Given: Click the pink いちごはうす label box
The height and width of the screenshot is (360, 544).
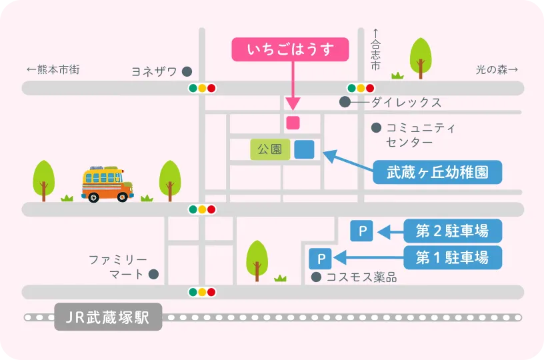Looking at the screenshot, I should [290, 50].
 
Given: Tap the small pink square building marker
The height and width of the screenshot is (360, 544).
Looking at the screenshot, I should [293, 123].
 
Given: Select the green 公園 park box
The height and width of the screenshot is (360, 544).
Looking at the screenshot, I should [270, 149].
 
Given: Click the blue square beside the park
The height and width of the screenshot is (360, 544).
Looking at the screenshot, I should [304, 149].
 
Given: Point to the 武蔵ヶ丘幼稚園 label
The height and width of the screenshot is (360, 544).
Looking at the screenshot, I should [437, 173].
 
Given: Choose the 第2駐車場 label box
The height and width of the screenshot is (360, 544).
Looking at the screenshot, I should [453, 231].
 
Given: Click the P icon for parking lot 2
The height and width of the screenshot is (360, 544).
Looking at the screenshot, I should [362, 232].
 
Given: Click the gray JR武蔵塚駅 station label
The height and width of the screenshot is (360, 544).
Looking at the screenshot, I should [108, 317].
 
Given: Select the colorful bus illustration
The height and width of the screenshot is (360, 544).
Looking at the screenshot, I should [107, 184].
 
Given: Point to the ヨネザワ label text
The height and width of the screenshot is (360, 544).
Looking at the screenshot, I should [155, 71].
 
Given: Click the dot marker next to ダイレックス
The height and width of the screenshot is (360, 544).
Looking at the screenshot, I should [345, 102].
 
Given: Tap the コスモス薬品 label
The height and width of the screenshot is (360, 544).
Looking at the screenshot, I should [361, 277].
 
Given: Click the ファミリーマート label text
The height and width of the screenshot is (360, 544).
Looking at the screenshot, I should [117, 266].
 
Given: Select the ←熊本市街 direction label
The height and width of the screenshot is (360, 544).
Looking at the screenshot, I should [53, 69].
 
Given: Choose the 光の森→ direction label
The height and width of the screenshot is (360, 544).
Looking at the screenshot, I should [497, 69].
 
